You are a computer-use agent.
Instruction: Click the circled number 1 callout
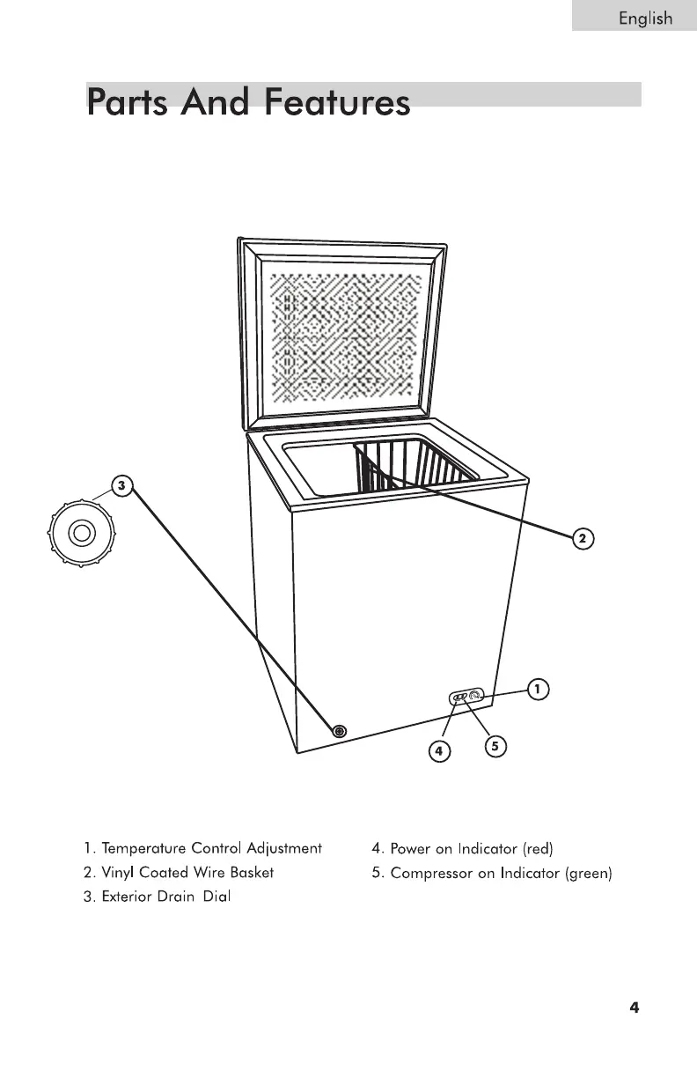538,688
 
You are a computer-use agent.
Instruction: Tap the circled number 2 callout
582,538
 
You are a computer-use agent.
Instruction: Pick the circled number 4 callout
438,750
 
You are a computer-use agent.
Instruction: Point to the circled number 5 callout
495,746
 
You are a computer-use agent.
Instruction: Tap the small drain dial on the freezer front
340,731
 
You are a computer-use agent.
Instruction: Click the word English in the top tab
645,18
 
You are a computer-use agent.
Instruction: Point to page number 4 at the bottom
634,1008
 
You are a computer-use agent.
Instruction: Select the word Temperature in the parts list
144,849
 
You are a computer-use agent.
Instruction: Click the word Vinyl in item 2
119,873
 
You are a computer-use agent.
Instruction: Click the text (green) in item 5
588,873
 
